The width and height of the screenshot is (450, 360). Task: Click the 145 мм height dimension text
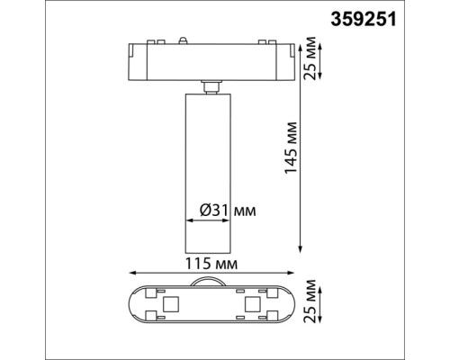[x=290, y=148]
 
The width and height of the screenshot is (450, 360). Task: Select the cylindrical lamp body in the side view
[x=208, y=171]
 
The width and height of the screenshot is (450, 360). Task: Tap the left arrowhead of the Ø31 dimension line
[x=187, y=220]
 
